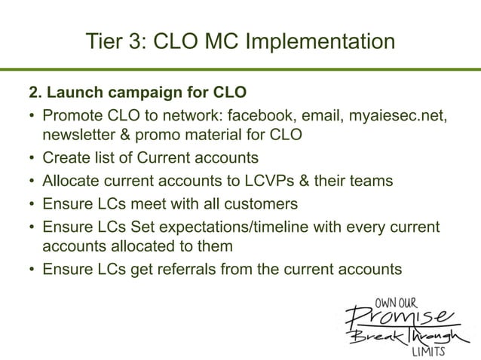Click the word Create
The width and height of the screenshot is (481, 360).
[66, 158]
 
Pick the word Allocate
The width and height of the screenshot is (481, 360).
[72, 181]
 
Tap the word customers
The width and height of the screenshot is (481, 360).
[261, 203]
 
